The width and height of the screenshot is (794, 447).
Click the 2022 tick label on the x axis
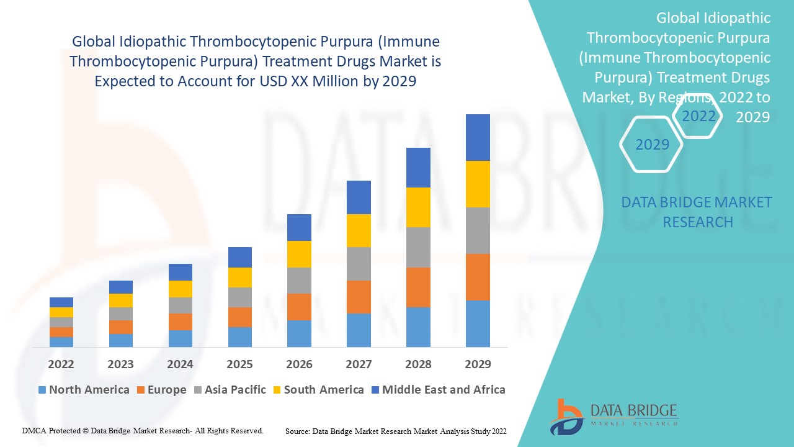click(x=61, y=364)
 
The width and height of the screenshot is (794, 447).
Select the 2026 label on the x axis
click(x=299, y=364)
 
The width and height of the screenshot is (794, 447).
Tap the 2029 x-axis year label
click(x=478, y=364)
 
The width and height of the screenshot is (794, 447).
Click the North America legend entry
click(x=84, y=390)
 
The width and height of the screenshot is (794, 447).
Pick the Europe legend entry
click(x=161, y=390)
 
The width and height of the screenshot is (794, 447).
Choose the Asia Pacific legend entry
click(x=230, y=390)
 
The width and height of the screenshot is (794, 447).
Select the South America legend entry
click(x=318, y=390)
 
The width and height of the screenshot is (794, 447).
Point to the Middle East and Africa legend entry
click(x=438, y=390)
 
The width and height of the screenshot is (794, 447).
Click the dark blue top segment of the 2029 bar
click(x=478, y=137)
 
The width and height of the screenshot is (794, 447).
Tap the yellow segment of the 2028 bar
click(x=418, y=207)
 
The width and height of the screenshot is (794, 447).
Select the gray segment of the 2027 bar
click(x=359, y=264)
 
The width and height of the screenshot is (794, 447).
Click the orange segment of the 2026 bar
click(x=299, y=307)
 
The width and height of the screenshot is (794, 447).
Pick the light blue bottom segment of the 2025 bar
click(x=239, y=336)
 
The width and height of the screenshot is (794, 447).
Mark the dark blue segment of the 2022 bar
click(x=61, y=302)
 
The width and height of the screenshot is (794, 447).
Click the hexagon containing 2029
click(x=652, y=145)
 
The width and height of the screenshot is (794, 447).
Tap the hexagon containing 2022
click(x=698, y=116)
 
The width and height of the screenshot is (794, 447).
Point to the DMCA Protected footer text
click(x=143, y=430)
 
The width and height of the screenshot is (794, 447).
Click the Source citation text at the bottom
click(x=396, y=430)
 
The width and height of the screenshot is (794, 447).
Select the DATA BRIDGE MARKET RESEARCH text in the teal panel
click(x=697, y=212)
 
